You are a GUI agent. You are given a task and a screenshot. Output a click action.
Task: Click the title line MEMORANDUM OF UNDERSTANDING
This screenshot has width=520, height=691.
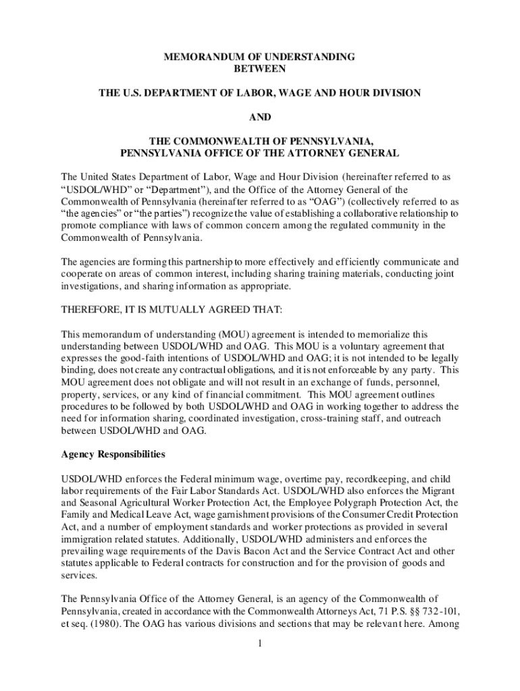coord(259,57)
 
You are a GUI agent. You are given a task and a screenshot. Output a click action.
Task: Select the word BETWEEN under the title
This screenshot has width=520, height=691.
coord(259,69)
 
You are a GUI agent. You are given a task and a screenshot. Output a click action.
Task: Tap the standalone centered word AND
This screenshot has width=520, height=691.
coord(259,117)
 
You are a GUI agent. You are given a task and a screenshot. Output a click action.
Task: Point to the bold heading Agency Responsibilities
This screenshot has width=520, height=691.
coord(113,454)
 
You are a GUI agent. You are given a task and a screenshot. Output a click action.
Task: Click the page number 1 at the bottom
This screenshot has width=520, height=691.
coord(259,642)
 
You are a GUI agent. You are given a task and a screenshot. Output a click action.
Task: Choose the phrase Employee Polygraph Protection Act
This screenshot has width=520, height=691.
coord(361,503)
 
